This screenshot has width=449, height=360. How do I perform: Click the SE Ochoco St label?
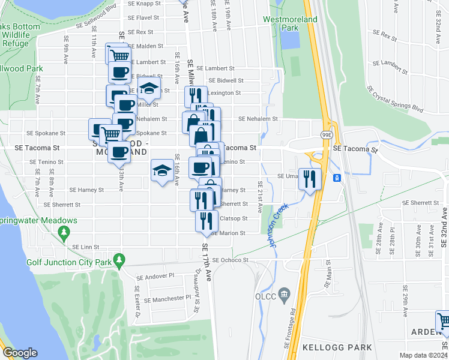(229, 260)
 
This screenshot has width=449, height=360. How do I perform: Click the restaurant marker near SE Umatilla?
(310, 179)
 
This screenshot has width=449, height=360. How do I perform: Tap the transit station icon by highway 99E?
(337, 178)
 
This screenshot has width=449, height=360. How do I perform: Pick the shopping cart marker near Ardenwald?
(443, 322)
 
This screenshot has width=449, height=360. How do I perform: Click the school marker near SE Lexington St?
(148, 89)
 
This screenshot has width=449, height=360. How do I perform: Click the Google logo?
(20, 353)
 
